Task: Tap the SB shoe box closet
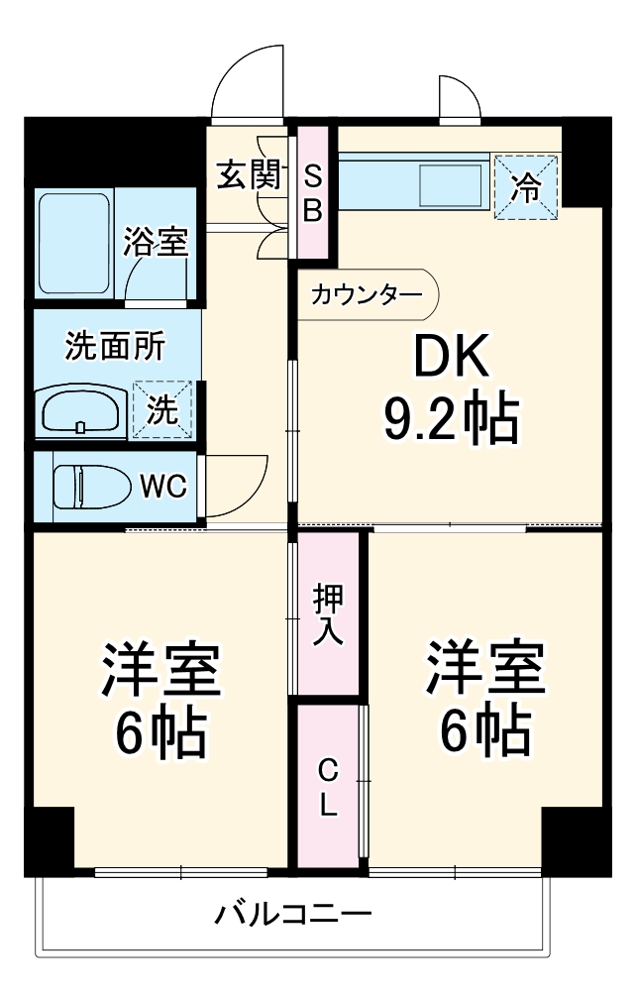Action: tap(312, 193)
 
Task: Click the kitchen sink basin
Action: tap(450, 184)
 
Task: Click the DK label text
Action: tap(451, 359)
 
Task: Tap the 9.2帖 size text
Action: tap(451, 419)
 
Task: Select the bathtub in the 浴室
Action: tap(74, 244)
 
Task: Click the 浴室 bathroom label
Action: tap(156, 243)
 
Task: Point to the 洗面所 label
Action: tap(115, 346)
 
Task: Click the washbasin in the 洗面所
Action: tap(80, 409)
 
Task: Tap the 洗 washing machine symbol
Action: tap(162, 409)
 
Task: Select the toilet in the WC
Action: tap(91, 486)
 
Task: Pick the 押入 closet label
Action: tap(327, 614)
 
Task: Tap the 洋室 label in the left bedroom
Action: tap(159, 671)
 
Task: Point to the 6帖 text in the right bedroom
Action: tap(485, 731)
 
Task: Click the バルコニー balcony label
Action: tap(293, 913)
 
